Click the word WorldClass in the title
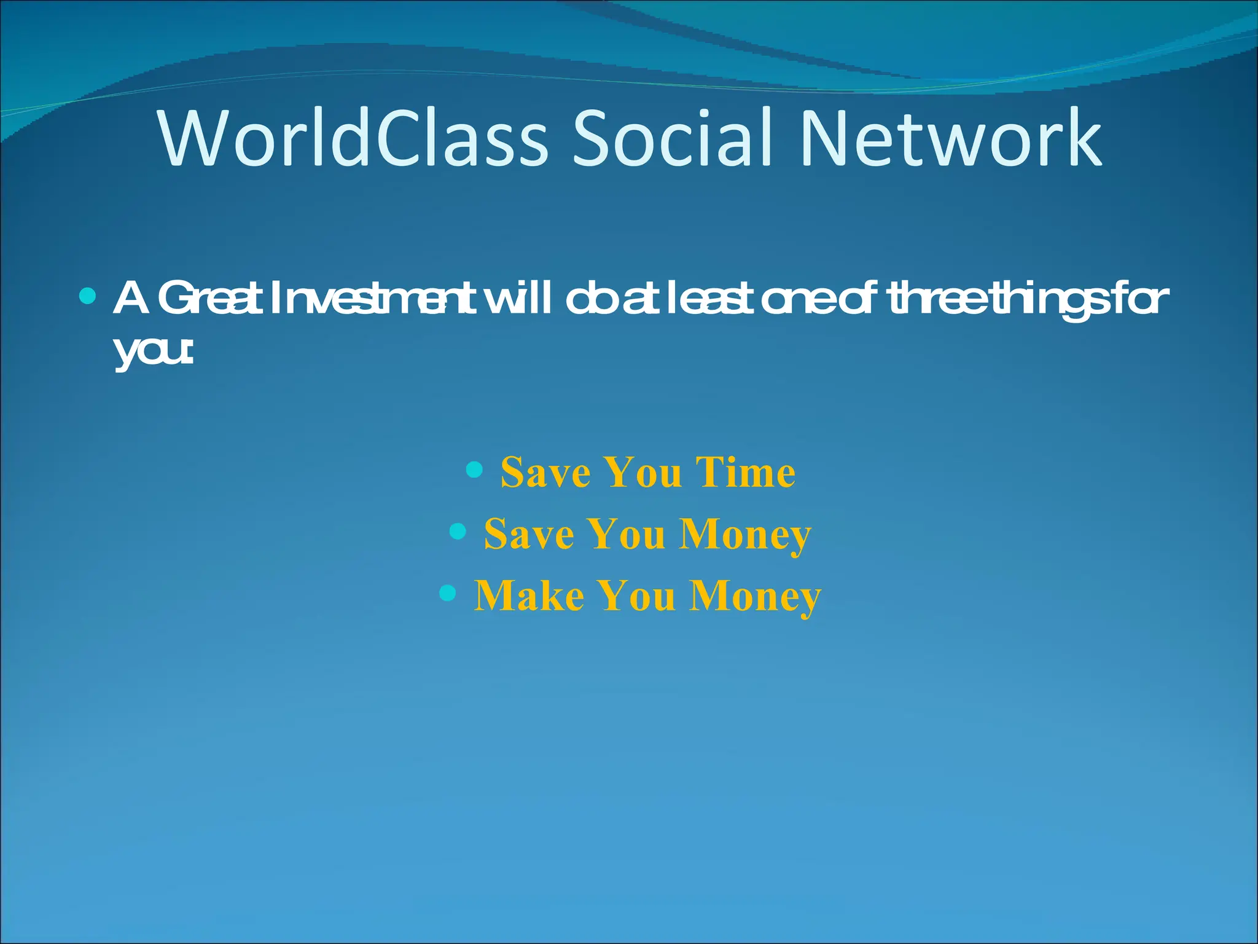[353, 138]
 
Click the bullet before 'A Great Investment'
[88, 297]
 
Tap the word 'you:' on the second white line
[154, 352]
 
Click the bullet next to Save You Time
[474, 470]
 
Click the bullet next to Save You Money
[458, 530]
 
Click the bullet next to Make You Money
[448, 592]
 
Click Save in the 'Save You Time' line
[545, 472]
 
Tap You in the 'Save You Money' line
[627, 533]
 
